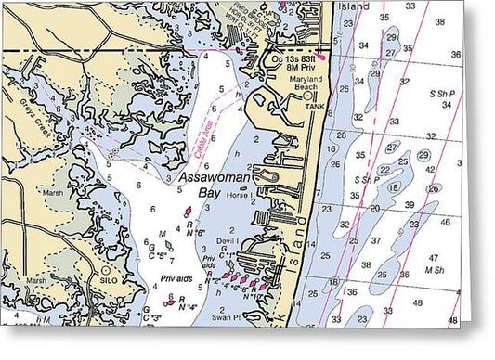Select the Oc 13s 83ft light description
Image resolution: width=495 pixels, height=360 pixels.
296,58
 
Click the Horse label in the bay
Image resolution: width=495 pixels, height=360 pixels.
237,196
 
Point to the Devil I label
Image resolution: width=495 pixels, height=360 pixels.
228,240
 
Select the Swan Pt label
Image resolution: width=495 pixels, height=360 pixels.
228,316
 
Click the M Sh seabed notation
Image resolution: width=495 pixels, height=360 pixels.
432,269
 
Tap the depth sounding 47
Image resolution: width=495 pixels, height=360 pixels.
433,257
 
